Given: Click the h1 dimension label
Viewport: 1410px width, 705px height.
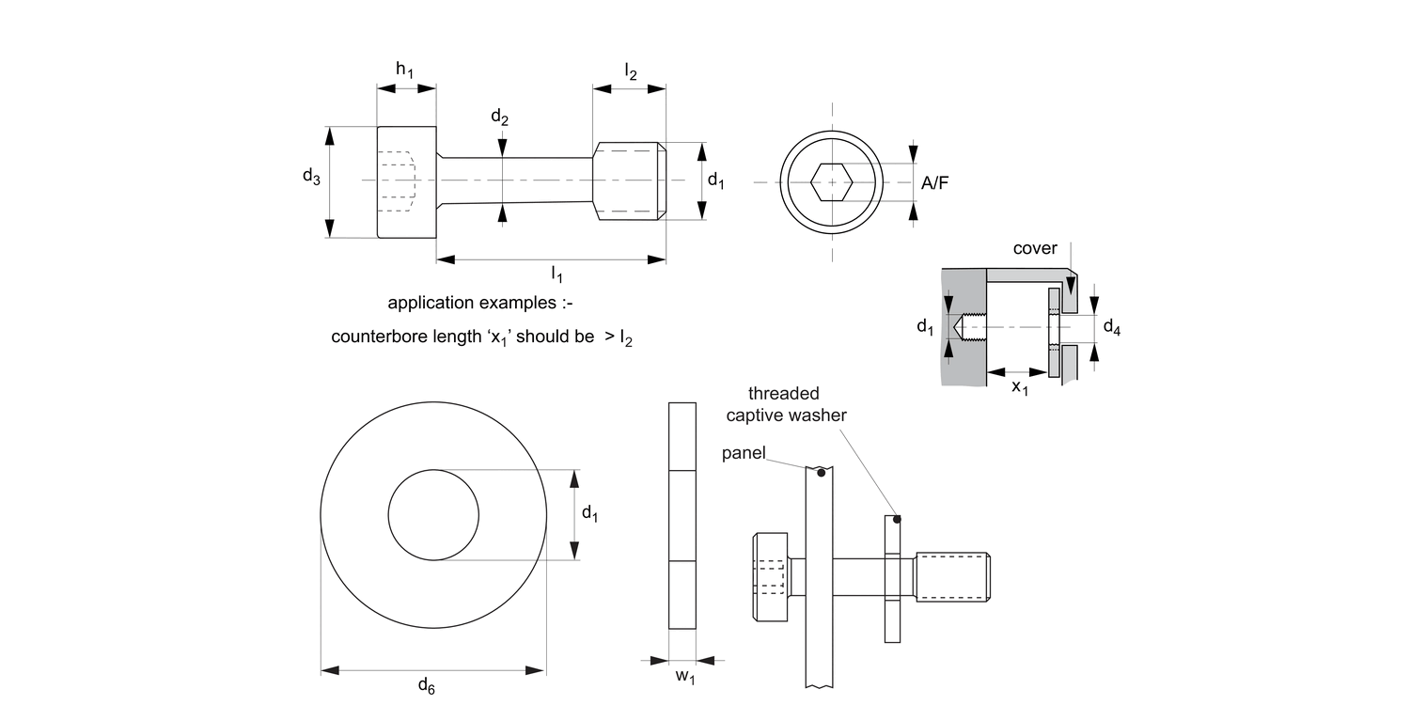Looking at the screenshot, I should coord(405,70).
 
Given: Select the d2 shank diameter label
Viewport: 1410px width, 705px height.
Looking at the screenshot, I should coord(500,117).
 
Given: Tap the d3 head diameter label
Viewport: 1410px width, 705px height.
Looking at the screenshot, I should coord(311,176).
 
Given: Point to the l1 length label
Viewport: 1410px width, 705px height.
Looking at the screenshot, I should coord(556,274).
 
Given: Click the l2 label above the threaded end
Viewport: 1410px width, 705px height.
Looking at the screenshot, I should coord(630,70).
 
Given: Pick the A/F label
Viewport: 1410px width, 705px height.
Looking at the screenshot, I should coord(934,184).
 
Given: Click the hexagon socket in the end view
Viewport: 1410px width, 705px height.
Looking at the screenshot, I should coord(831,181).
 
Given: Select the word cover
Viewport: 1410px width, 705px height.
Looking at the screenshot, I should coord(1035,249).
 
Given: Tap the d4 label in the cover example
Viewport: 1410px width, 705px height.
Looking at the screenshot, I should coord(1111,327).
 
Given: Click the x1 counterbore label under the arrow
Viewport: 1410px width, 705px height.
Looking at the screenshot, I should coord(1020,387).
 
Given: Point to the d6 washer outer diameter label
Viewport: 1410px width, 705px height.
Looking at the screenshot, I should coord(426,686).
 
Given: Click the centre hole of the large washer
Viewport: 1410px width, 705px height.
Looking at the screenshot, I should coord(435,515).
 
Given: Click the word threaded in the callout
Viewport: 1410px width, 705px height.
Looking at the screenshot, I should coord(784,393).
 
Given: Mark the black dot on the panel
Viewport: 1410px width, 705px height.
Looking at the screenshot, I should coord(821,473).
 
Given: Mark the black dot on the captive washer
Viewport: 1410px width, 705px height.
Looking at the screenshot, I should coord(897,519).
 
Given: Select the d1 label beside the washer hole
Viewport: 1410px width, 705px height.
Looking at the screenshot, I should coord(590,513).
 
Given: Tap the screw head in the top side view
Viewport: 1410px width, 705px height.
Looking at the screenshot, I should coord(406,181).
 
